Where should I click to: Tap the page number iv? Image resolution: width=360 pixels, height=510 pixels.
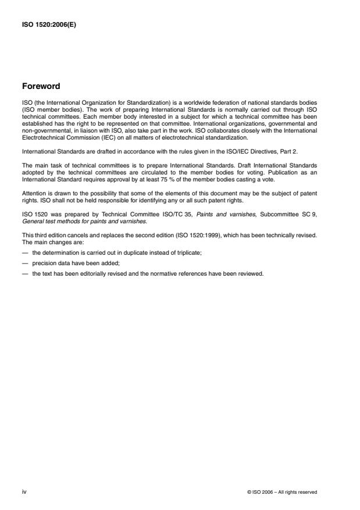24,491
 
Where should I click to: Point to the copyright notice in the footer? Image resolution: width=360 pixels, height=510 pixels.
282,492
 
